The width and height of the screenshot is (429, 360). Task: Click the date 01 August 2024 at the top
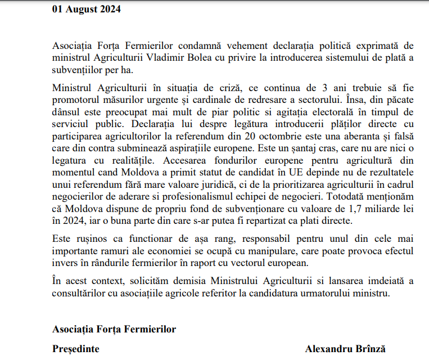click(x=86, y=10)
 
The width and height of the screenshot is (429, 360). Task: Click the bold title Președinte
click(x=76, y=349)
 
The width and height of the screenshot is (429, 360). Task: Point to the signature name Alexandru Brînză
click(x=345, y=349)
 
